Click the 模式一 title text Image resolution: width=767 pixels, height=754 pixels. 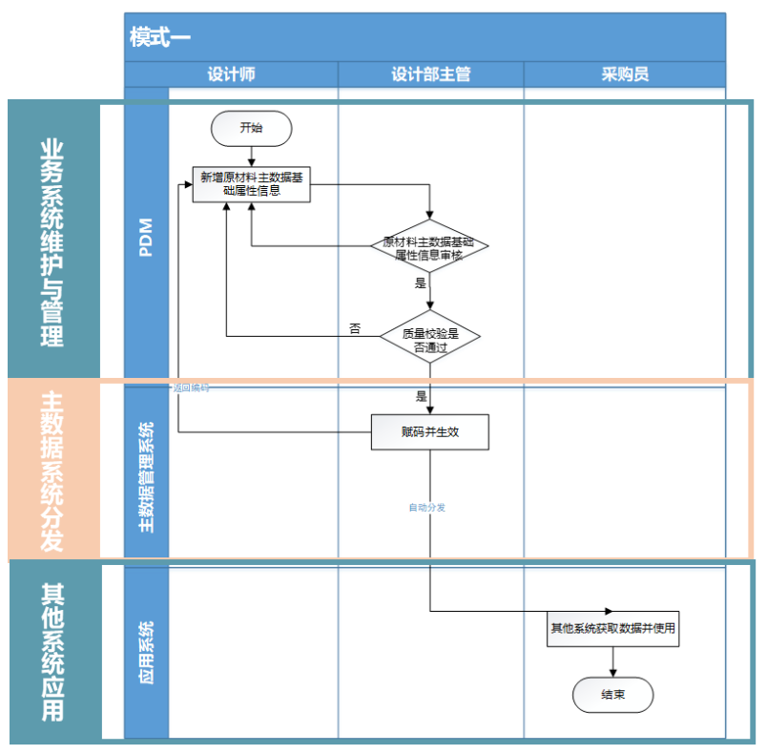pyautogui.click(x=160, y=37)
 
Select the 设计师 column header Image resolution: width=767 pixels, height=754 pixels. pyautogui.click(x=231, y=74)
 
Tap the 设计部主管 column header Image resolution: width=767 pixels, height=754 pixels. pyautogui.click(x=430, y=74)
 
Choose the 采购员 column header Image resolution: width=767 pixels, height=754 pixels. pyautogui.click(x=625, y=74)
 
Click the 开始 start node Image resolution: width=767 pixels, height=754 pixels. pyautogui.click(x=251, y=128)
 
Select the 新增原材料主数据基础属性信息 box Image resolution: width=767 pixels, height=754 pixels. pyautogui.click(x=252, y=183)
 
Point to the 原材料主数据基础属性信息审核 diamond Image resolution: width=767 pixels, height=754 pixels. pyautogui.click(x=429, y=248)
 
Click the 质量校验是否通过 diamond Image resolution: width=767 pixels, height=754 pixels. pyautogui.click(x=429, y=341)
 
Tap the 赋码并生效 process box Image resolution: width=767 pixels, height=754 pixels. pyautogui.click(x=429, y=431)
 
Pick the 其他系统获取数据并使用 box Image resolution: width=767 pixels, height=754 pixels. pyautogui.click(x=612, y=629)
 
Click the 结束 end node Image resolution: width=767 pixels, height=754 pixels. pyautogui.click(x=612, y=695)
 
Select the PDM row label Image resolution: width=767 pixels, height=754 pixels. pyautogui.click(x=146, y=238)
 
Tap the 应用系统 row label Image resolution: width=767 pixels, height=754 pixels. pyautogui.click(x=146, y=649)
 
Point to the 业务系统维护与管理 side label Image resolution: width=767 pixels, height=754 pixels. pyautogui.click(x=52, y=242)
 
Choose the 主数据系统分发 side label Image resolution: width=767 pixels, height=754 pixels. pyautogui.click(x=52, y=470)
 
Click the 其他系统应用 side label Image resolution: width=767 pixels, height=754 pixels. pyautogui.click(x=52, y=652)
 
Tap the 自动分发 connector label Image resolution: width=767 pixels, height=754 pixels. pyautogui.click(x=426, y=508)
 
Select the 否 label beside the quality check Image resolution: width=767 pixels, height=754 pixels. pyautogui.click(x=355, y=328)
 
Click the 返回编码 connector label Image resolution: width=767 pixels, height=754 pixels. pyautogui.click(x=191, y=388)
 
